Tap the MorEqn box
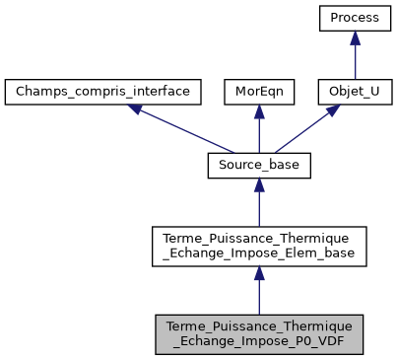coord(258,93)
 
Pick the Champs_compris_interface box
coord(103,93)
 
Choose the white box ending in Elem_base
coord(258,247)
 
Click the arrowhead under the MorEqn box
coord(258,112)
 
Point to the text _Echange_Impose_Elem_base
coord(258,254)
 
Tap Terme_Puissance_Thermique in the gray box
coord(258,325)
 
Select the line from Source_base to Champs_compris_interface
coord(182,132)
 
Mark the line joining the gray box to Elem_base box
coord(258,296)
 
